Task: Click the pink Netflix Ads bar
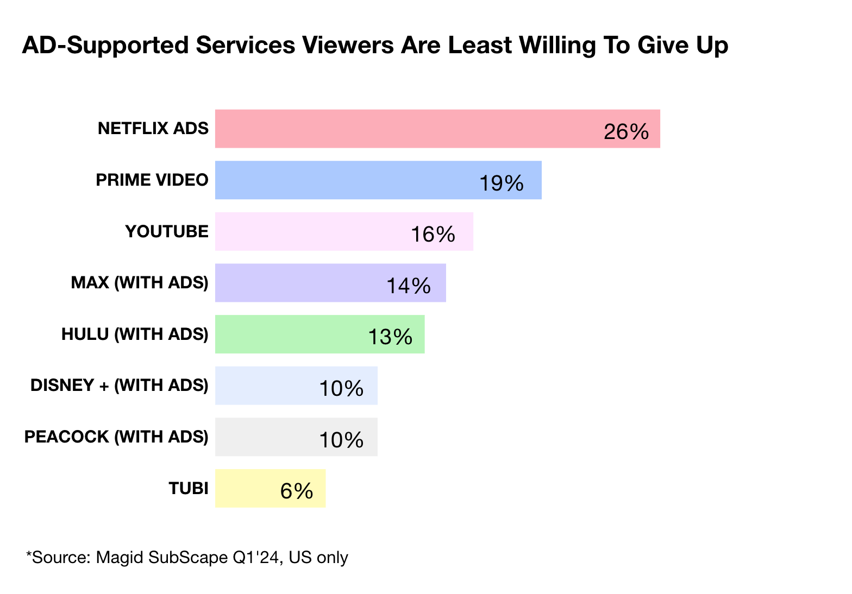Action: [x=408, y=129]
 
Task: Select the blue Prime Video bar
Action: [x=348, y=180]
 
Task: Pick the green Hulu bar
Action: [x=293, y=334]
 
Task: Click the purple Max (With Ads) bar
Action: [x=299, y=283]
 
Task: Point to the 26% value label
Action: [x=626, y=132]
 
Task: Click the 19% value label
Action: [x=501, y=184]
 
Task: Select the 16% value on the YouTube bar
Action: [x=433, y=235]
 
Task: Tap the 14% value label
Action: [x=408, y=286]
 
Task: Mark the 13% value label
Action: [x=390, y=337]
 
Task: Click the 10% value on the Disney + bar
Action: [x=341, y=389]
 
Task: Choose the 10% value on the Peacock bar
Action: [x=341, y=440]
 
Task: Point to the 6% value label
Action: [x=297, y=491]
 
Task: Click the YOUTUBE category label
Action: [x=167, y=232]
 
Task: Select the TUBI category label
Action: [x=189, y=489]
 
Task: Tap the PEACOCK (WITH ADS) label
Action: [x=116, y=437]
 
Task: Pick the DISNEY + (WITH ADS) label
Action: [x=120, y=386]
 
